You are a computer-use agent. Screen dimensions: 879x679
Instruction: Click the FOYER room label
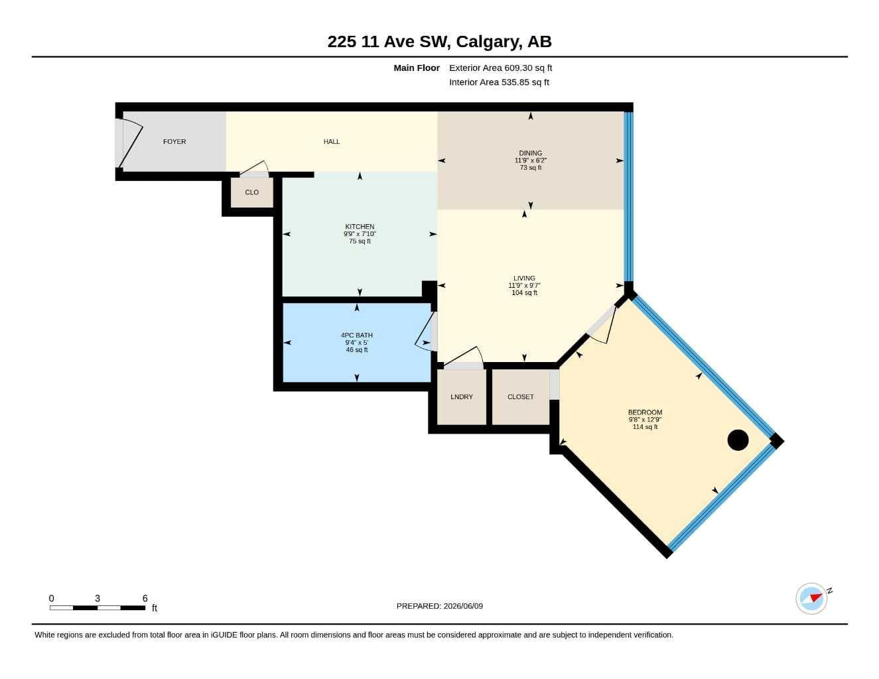(x=174, y=141)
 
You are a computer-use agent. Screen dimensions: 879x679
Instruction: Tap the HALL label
(x=331, y=141)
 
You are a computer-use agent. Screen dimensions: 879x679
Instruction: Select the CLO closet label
(x=251, y=192)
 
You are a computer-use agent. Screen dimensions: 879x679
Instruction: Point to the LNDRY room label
(x=462, y=397)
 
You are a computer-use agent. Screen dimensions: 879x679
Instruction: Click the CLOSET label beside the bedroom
(x=521, y=397)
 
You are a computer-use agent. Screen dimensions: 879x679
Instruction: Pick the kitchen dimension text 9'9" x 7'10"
(x=360, y=234)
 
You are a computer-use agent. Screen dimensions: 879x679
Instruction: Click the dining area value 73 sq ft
(x=530, y=167)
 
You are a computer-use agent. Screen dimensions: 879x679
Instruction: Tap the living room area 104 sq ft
(x=524, y=292)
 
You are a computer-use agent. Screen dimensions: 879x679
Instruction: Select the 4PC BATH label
(x=356, y=335)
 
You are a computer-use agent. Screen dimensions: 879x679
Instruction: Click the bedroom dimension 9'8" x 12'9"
(x=645, y=420)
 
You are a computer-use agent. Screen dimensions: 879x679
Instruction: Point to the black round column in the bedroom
(x=738, y=440)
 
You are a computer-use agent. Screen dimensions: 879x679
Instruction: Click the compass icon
(x=811, y=599)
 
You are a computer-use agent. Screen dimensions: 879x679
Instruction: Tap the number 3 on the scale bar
(x=97, y=598)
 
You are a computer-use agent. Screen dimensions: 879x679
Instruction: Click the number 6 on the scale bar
(x=145, y=598)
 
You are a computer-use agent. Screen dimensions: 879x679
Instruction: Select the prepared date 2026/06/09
(x=463, y=606)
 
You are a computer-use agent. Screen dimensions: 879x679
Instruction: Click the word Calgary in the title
(x=487, y=42)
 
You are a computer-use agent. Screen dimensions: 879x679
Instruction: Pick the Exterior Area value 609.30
(x=518, y=68)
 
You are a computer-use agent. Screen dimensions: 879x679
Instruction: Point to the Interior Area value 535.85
(x=515, y=82)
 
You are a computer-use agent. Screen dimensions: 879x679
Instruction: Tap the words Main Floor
(x=417, y=68)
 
